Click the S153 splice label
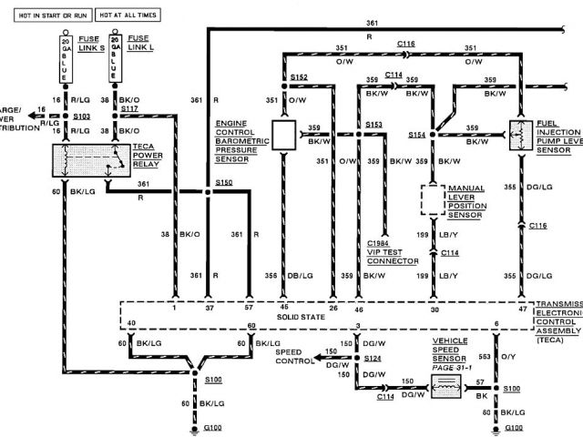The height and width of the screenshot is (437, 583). click(x=373, y=123)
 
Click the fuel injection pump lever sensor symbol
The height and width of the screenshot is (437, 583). click(x=521, y=135)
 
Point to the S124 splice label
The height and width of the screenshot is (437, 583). click(x=372, y=358)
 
